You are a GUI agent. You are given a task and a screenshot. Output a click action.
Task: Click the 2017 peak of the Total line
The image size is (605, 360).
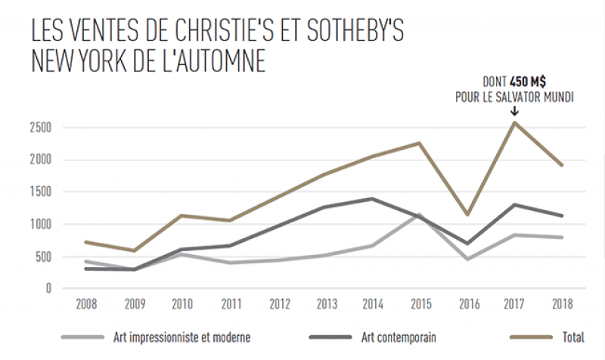pos(514,123)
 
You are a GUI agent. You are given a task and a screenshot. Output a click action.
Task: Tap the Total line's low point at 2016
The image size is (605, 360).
pos(467,215)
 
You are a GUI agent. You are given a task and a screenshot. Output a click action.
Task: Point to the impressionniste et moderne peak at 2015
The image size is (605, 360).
pos(419,214)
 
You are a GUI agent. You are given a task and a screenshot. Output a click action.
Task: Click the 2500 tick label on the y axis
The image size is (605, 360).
pos(40,127)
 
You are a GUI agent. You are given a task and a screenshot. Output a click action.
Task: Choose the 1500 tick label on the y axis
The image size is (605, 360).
pos(40,192)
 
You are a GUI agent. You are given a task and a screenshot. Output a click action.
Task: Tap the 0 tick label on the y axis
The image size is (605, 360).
pos(48,288)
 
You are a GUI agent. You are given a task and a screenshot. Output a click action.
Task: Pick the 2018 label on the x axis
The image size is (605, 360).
pos(562,304)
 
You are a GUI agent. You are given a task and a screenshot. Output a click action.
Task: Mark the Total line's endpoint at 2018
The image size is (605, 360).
pos(562,165)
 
